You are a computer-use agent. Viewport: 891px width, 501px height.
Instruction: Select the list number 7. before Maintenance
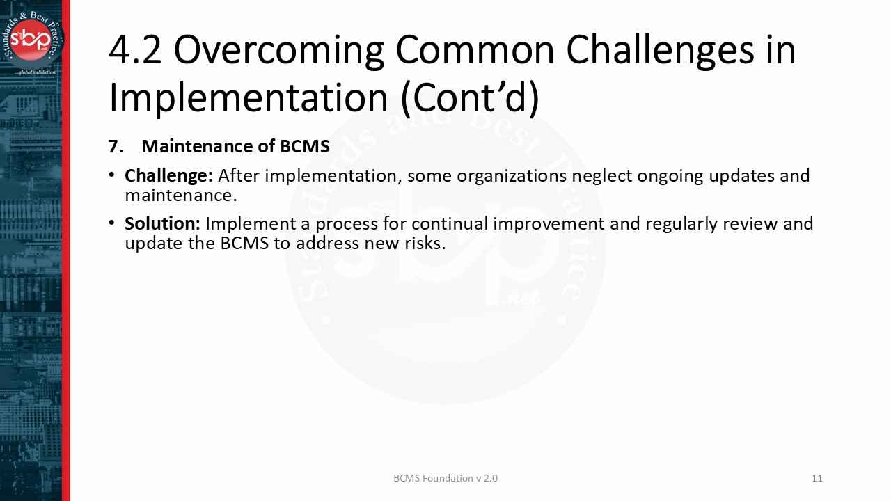point(116,147)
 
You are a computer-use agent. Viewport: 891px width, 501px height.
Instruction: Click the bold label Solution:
point(162,224)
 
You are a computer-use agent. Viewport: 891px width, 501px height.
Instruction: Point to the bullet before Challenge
point(111,175)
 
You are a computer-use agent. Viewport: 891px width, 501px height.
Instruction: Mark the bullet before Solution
point(111,224)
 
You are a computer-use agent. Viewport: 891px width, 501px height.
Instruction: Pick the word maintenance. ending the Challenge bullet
point(181,196)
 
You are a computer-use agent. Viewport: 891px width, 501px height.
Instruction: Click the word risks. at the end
point(425,244)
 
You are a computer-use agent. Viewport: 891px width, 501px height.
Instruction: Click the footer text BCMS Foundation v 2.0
point(445,478)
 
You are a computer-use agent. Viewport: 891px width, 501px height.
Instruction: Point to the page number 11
point(817,478)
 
